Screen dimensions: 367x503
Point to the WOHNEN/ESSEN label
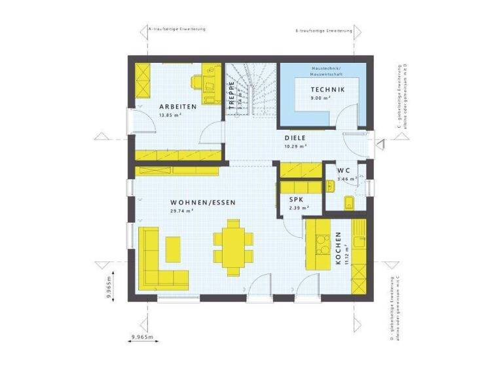(194, 203)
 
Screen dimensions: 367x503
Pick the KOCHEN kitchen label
(338, 248)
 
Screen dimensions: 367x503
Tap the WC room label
(344, 170)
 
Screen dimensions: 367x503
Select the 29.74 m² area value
(181, 212)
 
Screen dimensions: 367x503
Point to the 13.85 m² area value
(170, 115)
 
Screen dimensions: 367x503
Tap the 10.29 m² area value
(297, 147)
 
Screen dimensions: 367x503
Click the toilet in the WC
(348, 201)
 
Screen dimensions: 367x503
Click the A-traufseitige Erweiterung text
(177, 29)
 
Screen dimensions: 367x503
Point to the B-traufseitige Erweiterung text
(324, 30)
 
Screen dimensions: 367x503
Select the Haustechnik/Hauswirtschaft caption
(322, 71)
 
